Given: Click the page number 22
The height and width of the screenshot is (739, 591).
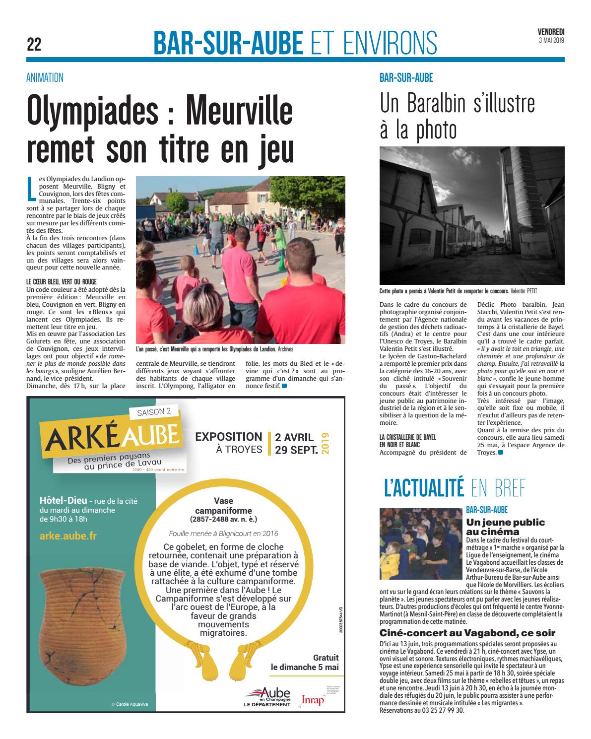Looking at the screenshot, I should (x=34, y=45).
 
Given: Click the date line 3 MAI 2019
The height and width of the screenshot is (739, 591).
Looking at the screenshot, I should (x=551, y=40).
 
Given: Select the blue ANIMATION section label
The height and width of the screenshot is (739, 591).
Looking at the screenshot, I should (x=45, y=77).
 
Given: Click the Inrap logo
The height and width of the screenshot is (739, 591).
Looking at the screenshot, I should (x=313, y=699).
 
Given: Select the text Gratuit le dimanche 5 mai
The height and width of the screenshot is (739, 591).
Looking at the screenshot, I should (x=305, y=662).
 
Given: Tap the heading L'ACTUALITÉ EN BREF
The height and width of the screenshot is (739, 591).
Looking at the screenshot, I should (x=454, y=489).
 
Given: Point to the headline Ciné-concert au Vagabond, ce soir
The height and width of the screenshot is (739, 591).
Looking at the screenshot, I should (x=467, y=633).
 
